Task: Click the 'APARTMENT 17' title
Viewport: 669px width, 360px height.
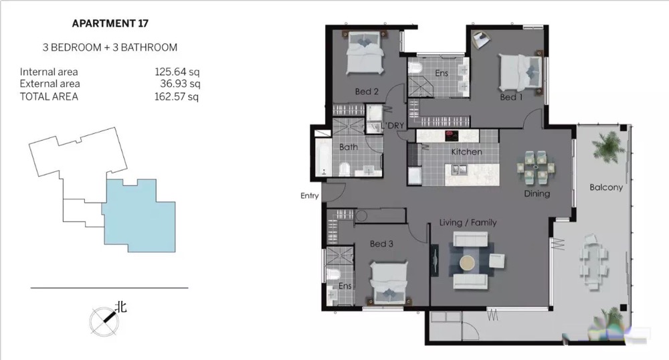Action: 110,23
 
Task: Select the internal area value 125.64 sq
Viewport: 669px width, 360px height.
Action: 177,72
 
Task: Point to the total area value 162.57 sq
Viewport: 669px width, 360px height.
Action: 177,97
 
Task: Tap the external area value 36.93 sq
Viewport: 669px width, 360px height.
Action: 180,84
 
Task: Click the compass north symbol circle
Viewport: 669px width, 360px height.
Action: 104,321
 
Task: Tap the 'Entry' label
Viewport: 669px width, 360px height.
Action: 309,196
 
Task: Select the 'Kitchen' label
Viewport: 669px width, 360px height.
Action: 467,152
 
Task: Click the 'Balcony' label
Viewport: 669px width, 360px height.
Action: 606,187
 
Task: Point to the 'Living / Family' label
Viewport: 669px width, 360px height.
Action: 468,223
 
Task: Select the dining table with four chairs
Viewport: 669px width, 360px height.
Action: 535,167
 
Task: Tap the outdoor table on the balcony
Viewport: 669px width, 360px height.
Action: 593,261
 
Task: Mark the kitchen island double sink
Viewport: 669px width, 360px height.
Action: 460,170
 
